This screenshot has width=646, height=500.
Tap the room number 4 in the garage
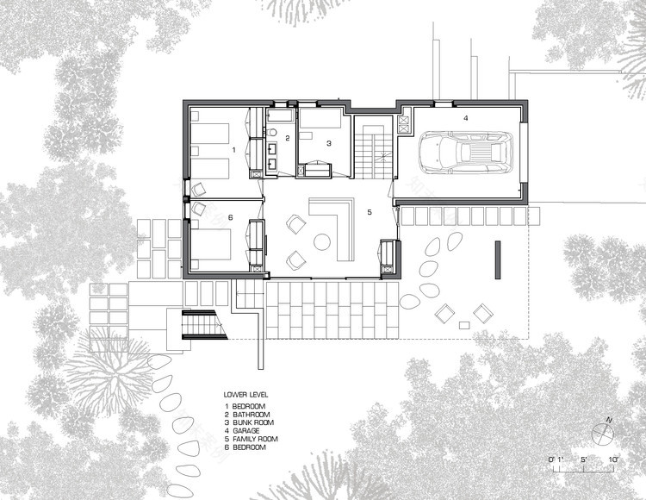(x=465, y=117)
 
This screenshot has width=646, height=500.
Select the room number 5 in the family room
(x=369, y=211)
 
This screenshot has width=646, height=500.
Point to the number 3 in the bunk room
(x=328, y=144)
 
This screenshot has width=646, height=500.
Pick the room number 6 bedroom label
(x=231, y=217)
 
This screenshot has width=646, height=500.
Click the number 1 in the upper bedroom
(x=233, y=149)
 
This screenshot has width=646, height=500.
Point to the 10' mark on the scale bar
(x=614, y=459)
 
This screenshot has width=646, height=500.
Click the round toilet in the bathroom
(x=270, y=132)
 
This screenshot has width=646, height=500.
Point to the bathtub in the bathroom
(x=281, y=114)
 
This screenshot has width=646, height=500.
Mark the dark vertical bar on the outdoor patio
(x=497, y=259)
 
